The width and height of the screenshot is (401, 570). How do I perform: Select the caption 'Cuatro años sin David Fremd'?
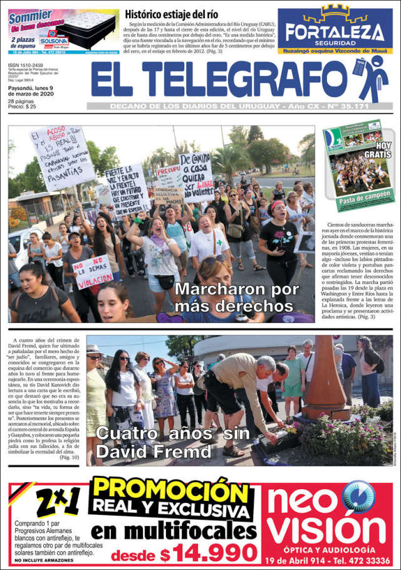172,441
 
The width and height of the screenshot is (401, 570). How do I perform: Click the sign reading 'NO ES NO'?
91,265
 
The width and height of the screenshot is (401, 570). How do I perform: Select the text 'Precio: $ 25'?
22,107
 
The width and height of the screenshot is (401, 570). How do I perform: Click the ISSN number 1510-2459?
25,65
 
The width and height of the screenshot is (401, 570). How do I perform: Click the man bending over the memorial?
241,389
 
